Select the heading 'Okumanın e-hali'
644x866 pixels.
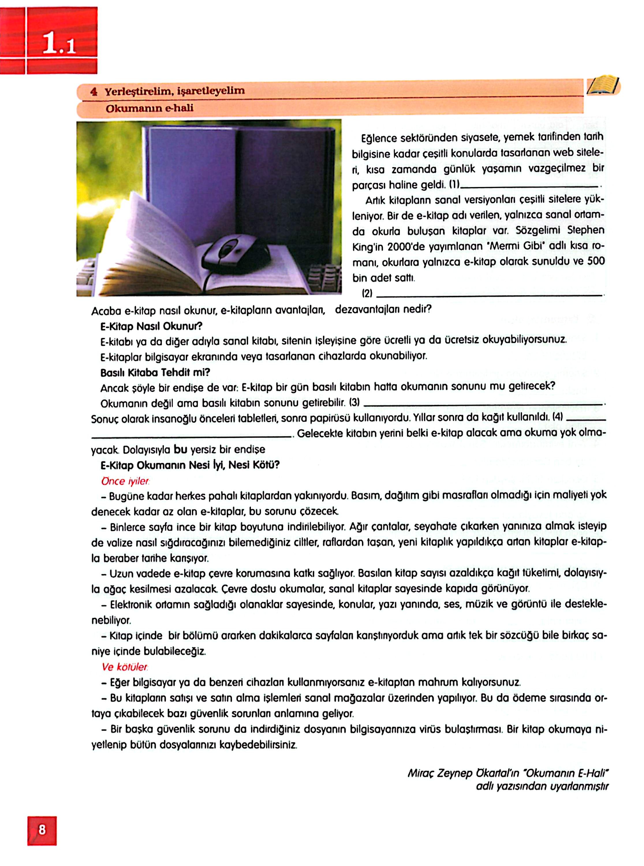tap(149, 108)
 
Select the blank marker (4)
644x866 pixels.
tap(557, 417)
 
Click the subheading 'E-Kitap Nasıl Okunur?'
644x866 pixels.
tap(151, 326)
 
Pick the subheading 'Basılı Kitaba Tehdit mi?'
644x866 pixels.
tap(155, 372)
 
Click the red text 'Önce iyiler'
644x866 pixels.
tap(126, 481)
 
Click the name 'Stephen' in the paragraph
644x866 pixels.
tap(585, 230)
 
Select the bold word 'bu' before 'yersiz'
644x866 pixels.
tap(180, 449)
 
